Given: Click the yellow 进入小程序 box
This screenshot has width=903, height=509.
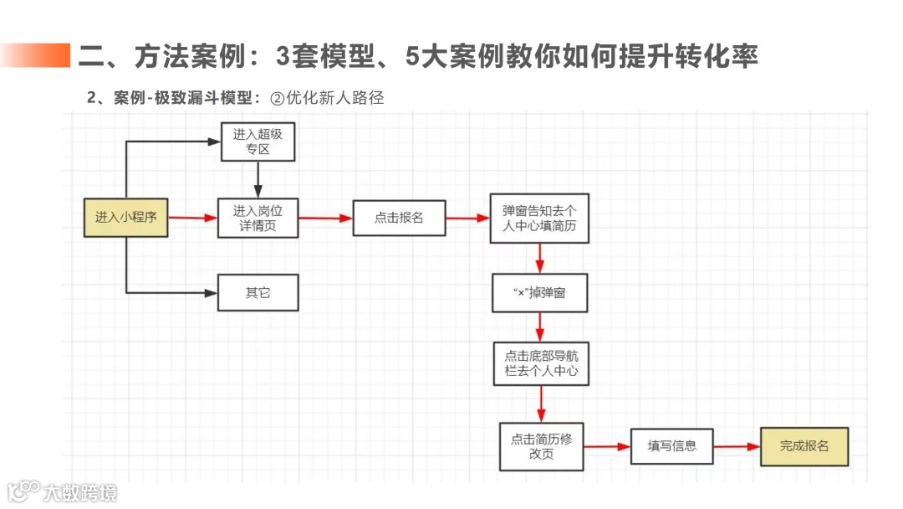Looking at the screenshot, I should pos(125,218).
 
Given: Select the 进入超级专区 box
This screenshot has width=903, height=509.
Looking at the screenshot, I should pos(258,142).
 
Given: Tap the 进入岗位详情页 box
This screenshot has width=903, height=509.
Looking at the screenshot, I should pos(258,218).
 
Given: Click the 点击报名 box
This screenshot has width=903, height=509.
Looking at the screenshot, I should pos(398,218).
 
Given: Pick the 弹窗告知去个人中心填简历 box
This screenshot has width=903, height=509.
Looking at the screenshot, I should pos(539,218).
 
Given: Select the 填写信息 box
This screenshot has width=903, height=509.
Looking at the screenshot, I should pos(671,446).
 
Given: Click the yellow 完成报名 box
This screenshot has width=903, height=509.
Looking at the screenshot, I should pos(804,446).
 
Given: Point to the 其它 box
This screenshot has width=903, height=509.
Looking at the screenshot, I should pos(258,293).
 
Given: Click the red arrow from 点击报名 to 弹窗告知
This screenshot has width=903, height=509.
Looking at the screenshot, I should pos(467,218).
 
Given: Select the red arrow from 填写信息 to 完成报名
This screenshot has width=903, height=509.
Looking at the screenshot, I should pos(737,446).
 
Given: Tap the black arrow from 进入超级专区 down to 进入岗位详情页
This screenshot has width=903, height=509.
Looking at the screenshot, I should pos(258,179).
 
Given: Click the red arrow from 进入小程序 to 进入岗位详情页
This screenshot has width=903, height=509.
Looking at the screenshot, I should pos(192,218).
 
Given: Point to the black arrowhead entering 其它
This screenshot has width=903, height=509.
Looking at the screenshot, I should pos(212,293).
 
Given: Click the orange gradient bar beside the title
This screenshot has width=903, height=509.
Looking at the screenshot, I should pos(35,55).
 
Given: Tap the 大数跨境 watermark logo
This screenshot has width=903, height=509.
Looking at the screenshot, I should pos(62,491).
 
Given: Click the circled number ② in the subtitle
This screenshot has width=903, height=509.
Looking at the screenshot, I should pos(278,98).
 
